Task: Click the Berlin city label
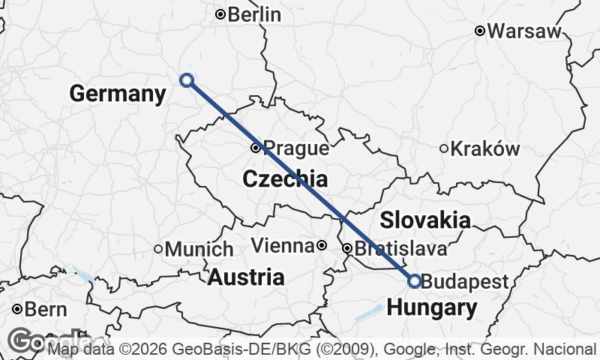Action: point(254,14)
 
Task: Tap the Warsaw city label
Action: point(524,31)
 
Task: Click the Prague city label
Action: point(296,148)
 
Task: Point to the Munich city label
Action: point(199,249)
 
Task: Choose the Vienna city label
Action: point(282,245)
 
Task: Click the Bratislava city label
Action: point(401,248)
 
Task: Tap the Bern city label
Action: point(46,309)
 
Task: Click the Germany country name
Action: point(117,94)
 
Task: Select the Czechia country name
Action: point(285,179)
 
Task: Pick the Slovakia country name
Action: point(425,220)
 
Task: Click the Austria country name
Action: point(246,277)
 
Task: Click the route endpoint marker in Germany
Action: point(187,80)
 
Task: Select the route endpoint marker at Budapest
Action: point(415,281)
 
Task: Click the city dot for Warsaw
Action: point(480,31)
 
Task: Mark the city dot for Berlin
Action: point(220,14)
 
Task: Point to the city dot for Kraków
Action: point(444,148)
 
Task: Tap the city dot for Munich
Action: point(158,249)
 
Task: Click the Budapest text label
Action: point(465,282)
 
